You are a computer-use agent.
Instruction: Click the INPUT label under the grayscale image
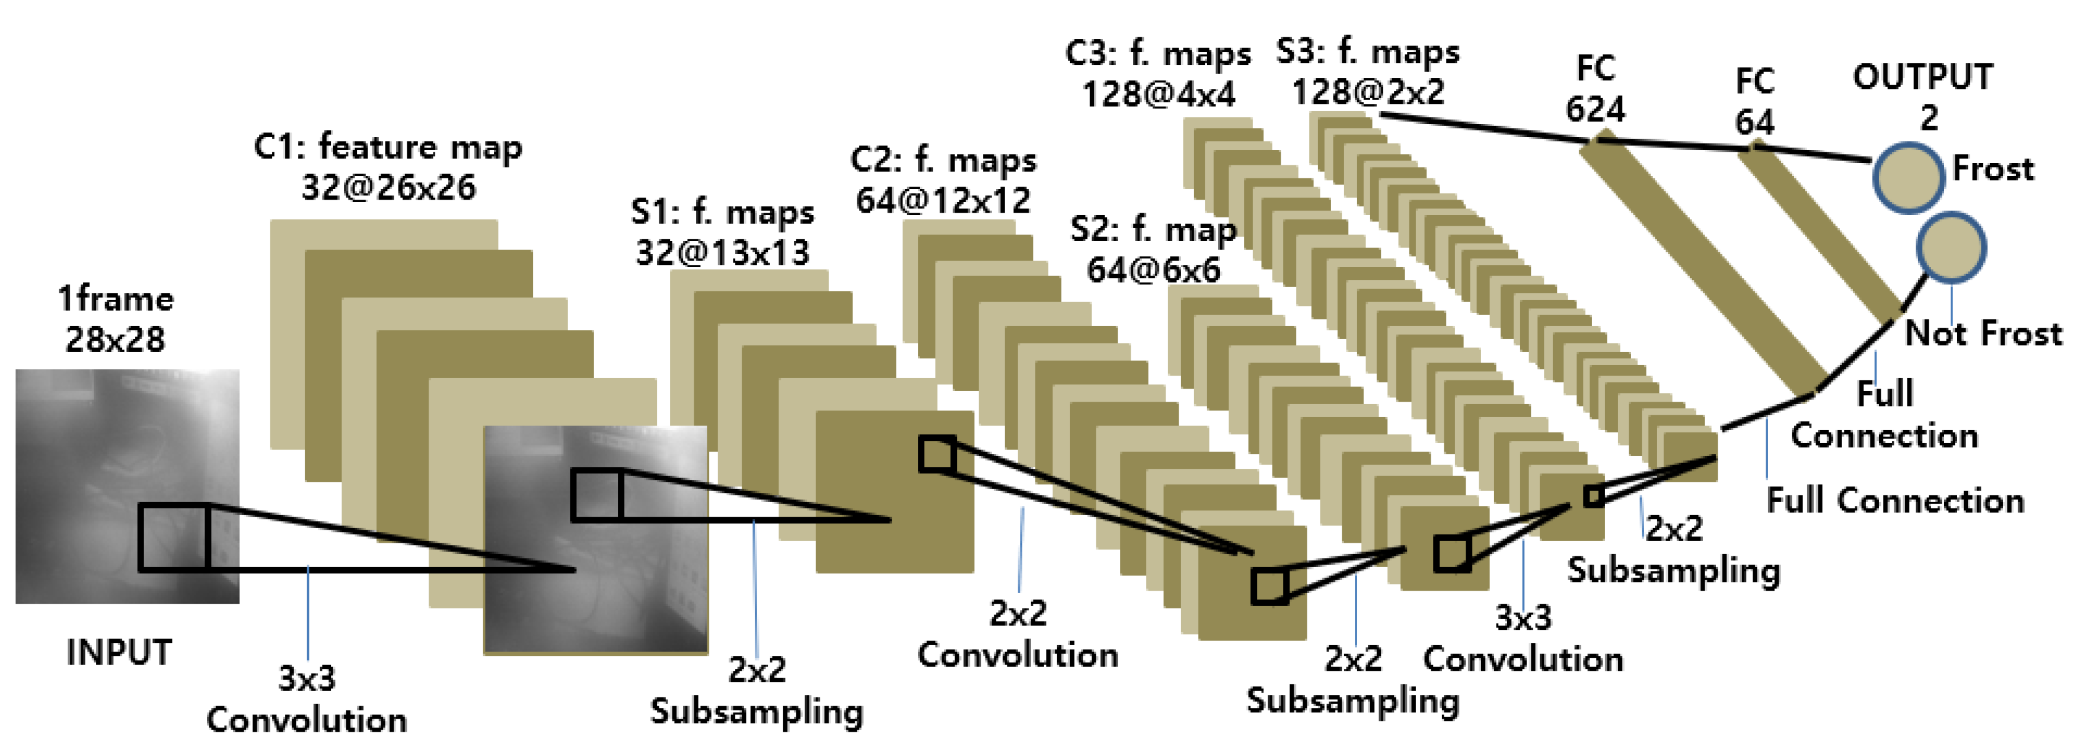(x=119, y=652)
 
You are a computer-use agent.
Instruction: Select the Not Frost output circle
(x=1951, y=248)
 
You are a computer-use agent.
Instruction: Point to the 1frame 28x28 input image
(x=127, y=486)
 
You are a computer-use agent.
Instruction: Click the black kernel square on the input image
(x=174, y=537)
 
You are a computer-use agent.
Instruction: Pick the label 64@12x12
(x=943, y=200)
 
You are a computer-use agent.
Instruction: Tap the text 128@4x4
(x=1159, y=94)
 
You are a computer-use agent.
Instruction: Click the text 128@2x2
(x=1368, y=92)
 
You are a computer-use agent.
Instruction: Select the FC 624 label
(x=1595, y=89)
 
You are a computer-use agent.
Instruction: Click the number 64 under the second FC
(x=1754, y=121)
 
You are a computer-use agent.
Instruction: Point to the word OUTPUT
(x=1923, y=77)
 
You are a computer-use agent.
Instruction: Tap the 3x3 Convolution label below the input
(x=307, y=699)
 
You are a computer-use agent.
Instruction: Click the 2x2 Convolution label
(x=1017, y=635)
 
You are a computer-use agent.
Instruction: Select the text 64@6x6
(x=1153, y=270)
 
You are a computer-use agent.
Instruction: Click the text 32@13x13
(x=722, y=252)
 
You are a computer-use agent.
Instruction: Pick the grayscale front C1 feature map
(x=595, y=539)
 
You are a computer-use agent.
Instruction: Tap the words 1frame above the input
(x=115, y=299)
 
